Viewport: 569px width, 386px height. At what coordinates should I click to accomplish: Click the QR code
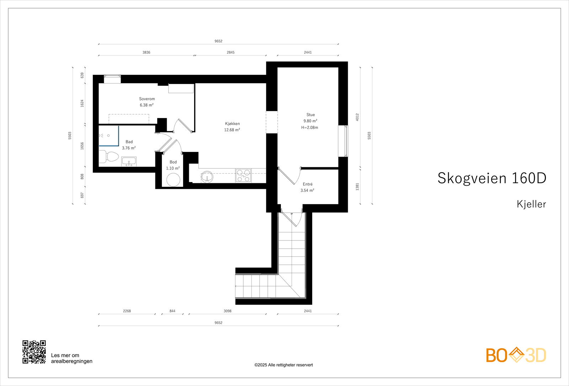34,352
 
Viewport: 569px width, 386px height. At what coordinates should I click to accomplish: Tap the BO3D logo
516,355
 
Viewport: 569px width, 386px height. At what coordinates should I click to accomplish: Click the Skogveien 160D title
491,178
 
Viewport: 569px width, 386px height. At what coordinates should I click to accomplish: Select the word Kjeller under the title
531,204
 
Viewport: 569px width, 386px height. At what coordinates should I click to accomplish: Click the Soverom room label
147,99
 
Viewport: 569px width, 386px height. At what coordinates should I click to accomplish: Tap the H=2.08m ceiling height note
310,127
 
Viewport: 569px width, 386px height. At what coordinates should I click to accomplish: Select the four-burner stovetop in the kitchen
243,175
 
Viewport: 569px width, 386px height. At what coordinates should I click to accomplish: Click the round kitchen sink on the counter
207,176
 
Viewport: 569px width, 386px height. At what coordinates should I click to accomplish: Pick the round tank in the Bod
173,180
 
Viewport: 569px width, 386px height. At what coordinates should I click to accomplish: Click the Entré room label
308,184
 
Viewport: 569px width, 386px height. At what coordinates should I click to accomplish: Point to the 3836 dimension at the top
147,52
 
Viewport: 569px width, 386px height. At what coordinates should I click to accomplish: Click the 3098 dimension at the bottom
228,311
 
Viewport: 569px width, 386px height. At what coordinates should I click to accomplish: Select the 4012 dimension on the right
357,117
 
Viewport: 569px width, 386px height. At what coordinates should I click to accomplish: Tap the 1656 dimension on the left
82,146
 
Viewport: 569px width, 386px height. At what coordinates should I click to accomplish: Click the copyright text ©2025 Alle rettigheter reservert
283,365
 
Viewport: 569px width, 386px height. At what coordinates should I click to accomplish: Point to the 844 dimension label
172,311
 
